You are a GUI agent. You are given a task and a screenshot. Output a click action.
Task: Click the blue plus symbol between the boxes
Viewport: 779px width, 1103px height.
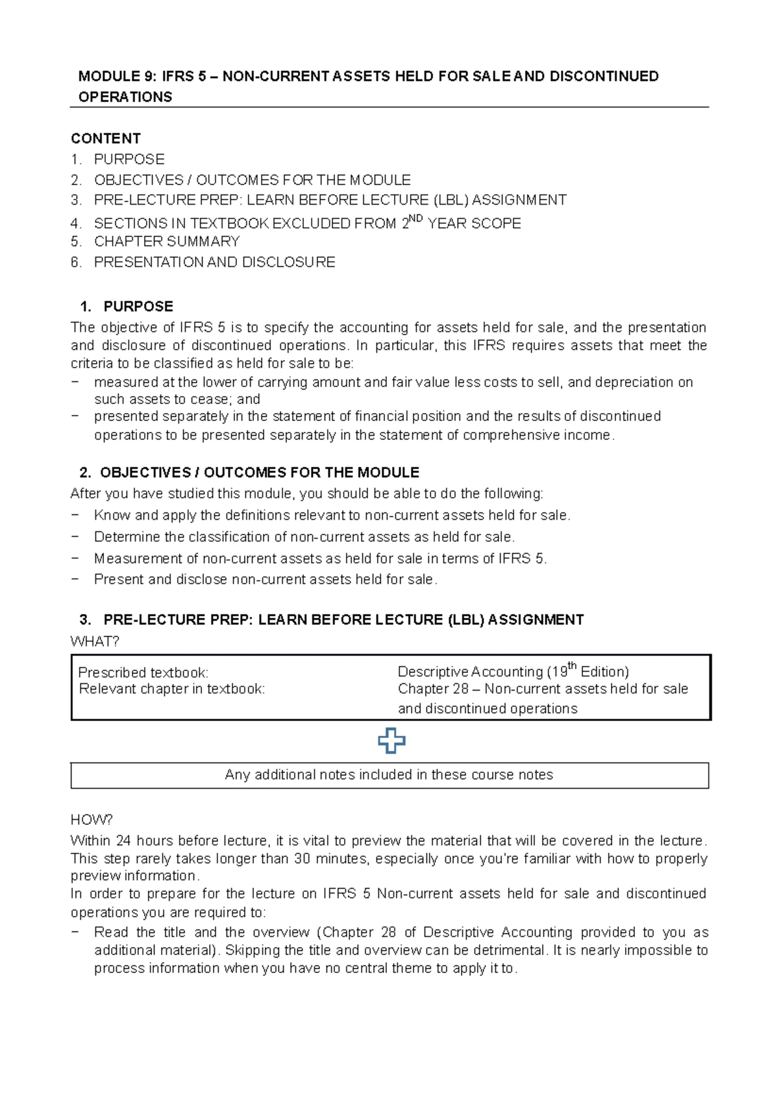click(x=391, y=741)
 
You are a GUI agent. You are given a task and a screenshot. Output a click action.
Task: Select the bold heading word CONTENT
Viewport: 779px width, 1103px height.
click(x=106, y=138)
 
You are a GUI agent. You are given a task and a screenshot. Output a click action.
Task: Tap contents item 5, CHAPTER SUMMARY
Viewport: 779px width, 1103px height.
click(x=167, y=242)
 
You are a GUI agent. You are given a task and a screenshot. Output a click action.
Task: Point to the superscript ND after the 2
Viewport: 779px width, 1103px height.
click(x=416, y=220)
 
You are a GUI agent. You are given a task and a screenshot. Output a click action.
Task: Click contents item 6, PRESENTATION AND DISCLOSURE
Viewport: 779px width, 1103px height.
click(x=214, y=262)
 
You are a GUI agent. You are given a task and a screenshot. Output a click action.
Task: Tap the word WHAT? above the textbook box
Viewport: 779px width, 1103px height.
click(x=95, y=642)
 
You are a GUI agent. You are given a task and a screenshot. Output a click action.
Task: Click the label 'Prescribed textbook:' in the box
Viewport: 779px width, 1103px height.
click(x=143, y=672)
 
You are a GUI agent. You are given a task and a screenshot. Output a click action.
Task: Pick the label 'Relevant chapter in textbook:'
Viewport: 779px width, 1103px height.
click(x=172, y=689)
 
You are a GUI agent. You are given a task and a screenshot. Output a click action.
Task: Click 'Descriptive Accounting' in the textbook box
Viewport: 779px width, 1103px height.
click(x=470, y=672)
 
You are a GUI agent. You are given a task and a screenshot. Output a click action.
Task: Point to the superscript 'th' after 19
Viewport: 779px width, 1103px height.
click(x=573, y=666)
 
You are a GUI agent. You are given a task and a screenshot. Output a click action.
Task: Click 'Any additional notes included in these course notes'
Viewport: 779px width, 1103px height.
click(x=389, y=775)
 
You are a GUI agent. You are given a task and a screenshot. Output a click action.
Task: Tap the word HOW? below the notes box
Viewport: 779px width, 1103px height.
click(x=92, y=820)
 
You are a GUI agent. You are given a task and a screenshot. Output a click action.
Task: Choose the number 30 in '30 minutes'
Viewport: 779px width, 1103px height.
click(x=302, y=859)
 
